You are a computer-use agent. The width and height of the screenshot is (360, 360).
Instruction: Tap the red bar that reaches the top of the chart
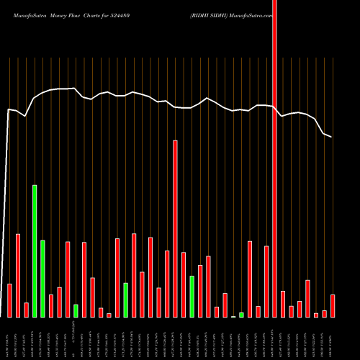(274, 158)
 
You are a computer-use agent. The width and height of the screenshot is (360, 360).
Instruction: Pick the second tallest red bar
(175, 228)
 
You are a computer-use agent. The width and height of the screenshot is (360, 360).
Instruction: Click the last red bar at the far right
(333, 305)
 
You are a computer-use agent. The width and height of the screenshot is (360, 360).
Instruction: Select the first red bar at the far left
(9, 300)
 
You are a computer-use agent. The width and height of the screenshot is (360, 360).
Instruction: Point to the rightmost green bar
(241, 314)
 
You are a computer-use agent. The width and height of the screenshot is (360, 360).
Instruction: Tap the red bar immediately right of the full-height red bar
(283, 303)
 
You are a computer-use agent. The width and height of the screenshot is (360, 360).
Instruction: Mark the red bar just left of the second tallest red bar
(167, 284)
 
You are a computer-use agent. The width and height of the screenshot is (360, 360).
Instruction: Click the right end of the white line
(331, 136)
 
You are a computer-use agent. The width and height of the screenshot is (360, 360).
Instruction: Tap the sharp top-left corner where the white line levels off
(8, 109)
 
